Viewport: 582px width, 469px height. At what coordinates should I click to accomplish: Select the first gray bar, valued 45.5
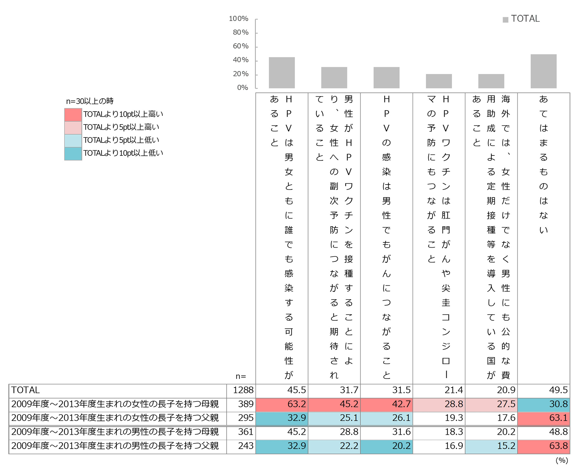point(282,73)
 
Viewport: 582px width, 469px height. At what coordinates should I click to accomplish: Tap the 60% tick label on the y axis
point(241,46)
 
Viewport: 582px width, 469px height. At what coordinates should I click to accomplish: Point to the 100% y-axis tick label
point(239,19)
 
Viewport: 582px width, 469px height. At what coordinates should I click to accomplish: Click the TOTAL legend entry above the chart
point(521,19)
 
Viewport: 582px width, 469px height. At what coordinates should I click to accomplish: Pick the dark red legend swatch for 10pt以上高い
point(73,114)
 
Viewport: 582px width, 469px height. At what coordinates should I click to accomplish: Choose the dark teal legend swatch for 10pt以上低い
point(73,154)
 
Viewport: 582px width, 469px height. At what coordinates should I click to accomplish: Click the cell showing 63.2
point(282,404)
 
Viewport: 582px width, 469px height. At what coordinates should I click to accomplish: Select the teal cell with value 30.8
point(544,404)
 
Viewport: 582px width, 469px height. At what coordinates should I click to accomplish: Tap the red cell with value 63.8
point(544,446)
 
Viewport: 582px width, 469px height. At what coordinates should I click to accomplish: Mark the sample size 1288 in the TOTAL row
point(243,390)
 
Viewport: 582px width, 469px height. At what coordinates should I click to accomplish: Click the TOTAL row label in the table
point(26,390)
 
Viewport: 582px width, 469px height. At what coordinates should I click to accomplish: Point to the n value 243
point(245,446)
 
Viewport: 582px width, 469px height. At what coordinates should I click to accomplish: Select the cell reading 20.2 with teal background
point(387,446)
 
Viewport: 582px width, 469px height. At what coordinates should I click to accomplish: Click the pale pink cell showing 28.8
point(439,404)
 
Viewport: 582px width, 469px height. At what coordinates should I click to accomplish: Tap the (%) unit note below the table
point(562,460)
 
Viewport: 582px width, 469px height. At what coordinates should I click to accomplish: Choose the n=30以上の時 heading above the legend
point(90,101)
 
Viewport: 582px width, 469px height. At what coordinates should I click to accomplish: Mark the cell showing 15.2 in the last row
point(491,446)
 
